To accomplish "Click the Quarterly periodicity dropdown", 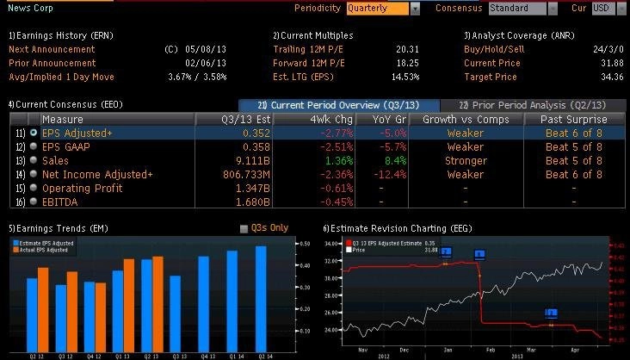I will coord(383,8).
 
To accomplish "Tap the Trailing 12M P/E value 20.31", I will coord(406,49).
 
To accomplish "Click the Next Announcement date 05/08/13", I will coord(204,49).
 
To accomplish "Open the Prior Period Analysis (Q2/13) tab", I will coord(537,103).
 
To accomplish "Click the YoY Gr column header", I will coord(383,119).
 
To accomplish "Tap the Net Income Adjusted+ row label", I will coord(96,174).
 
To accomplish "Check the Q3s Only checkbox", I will coord(244,228).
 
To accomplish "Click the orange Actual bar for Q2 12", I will coord(43,308).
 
